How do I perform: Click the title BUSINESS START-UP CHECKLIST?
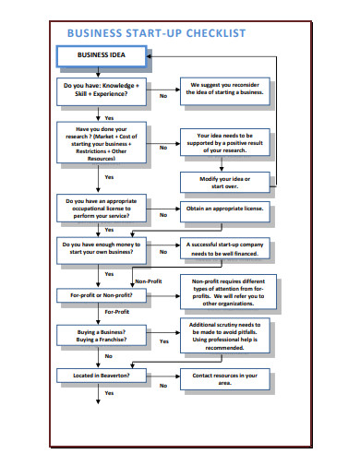click(156, 33)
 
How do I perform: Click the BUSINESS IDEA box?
click(101, 55)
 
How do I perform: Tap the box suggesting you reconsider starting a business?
click(225, 89)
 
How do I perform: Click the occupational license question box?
click(101, 209)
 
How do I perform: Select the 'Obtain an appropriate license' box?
click(225, 209)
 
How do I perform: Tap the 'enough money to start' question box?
click(101, 248)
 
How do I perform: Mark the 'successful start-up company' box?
click(225, 248)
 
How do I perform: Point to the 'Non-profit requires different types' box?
click(225, 291)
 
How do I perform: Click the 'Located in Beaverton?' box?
click(101, 376)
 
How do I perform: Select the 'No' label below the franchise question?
click(108, 355)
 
